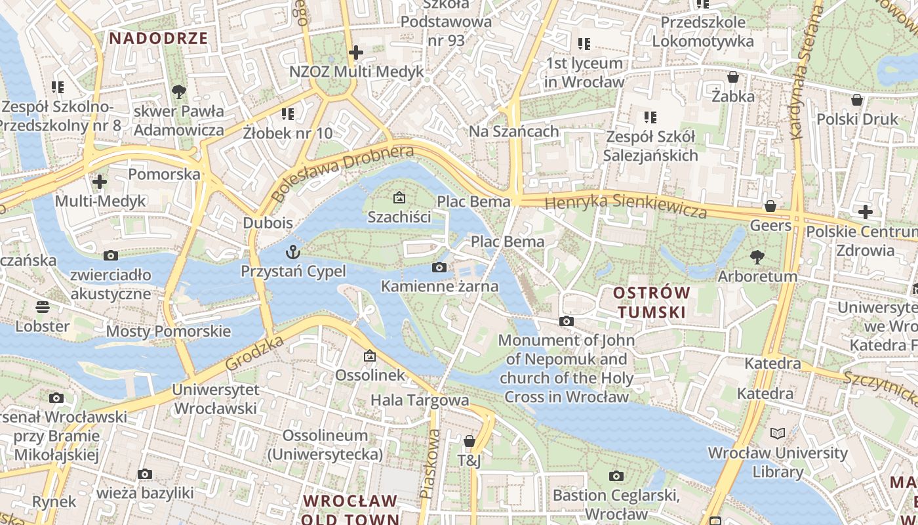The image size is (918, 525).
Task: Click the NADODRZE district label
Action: coord(158,38)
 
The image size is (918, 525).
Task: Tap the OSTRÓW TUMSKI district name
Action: coord(651,302)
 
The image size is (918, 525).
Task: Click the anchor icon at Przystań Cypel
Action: coord(293,252)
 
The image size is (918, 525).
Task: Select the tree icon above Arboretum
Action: coord(757,257)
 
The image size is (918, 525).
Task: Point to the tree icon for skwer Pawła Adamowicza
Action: coord(178,92)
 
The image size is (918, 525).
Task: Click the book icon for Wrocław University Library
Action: coord(778,434)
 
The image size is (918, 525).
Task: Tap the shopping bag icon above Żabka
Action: coord(733,77)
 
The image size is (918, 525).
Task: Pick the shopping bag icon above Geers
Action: coord(770,207)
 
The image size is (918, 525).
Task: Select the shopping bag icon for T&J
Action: coord(469,441)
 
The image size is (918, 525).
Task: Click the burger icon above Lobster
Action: coord(43,307)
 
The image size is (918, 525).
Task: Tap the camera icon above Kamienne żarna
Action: coord(439,267)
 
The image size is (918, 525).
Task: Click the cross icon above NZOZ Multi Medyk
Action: coord(356,52)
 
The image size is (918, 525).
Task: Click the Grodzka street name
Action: coord(254,352)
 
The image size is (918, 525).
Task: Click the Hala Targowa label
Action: coord(420,400)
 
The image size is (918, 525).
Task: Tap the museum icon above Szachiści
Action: coord(399,198)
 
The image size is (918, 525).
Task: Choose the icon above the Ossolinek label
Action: coord(370,356)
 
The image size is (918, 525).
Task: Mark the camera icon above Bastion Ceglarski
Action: coord(616,476)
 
